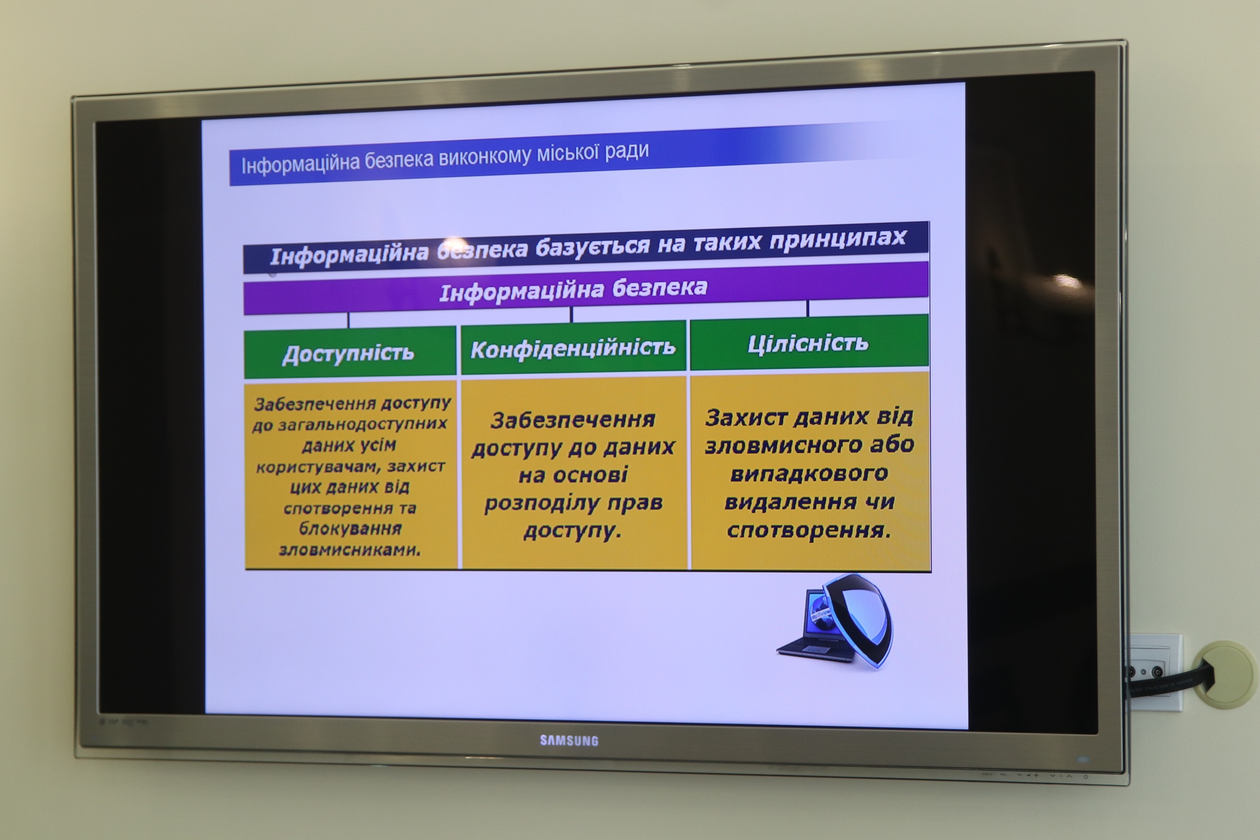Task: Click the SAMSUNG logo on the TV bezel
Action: (569, 740)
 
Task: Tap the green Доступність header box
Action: (350, 352)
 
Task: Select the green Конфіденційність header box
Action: (573, 347)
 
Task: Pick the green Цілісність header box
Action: (809, 342)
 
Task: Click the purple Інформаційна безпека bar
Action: (586, 288)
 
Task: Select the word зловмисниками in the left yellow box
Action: (350, 549)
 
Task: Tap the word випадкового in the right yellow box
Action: (809, 474)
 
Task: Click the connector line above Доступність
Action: (348, 320)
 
